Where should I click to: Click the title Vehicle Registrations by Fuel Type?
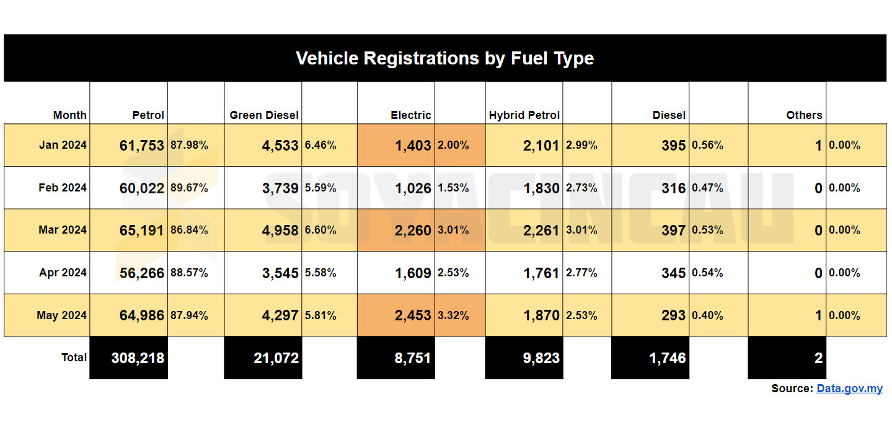click(444, 58)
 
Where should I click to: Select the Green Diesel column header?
click(264, 115)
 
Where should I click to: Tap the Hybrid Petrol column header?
click(524, 115)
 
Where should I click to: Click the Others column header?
click(804, 115)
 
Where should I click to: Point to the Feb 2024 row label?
click(63, 188)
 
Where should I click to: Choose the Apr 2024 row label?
click(63, 273)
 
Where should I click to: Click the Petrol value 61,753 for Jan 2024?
click(141, 146)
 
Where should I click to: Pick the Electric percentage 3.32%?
click(453, 315)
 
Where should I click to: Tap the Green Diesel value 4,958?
click(280, 230)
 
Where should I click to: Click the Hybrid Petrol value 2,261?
click(541, 230)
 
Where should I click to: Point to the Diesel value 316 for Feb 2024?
click(673, 188)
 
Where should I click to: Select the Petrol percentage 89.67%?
click(189, 188)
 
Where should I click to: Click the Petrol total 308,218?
click(138, 358)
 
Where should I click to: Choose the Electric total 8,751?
click(412, 358)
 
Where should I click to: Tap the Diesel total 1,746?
click(667, 358)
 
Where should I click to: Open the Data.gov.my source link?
click(849, 389)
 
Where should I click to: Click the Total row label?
click(74, 358)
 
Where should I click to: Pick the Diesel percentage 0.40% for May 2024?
click(707, 315)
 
